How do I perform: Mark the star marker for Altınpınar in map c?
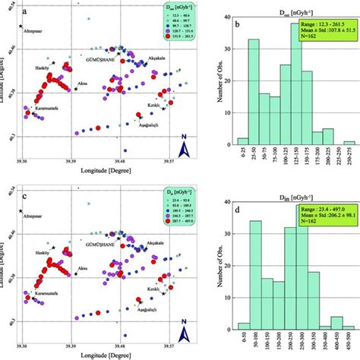pyautogui.click(x=21, y=210)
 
